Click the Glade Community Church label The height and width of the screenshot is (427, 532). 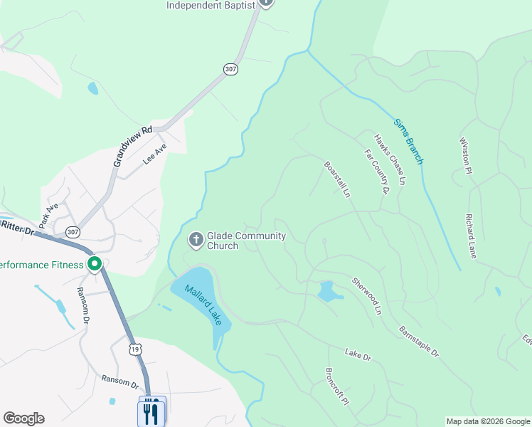click(246, 241)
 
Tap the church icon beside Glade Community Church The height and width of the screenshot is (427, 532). click(196, 238)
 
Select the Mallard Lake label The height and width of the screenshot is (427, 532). click(204, 305)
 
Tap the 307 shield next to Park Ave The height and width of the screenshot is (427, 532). click(73, 232)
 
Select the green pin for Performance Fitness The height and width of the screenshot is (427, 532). click(95, 265)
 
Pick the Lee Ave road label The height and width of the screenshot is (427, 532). click(154, 154)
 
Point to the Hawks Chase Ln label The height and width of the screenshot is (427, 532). click(390, 160)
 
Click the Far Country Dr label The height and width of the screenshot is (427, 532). click(377, 172)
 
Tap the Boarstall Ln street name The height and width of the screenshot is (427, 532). click(337, 179)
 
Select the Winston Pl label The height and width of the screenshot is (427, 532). click(467, 156)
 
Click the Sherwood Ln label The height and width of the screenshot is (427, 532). click(367, 296)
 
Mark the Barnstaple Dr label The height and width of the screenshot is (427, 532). click(419, 342)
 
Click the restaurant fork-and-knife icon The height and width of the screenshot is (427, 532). click(151, 411)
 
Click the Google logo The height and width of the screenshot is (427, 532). click(23, 418)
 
